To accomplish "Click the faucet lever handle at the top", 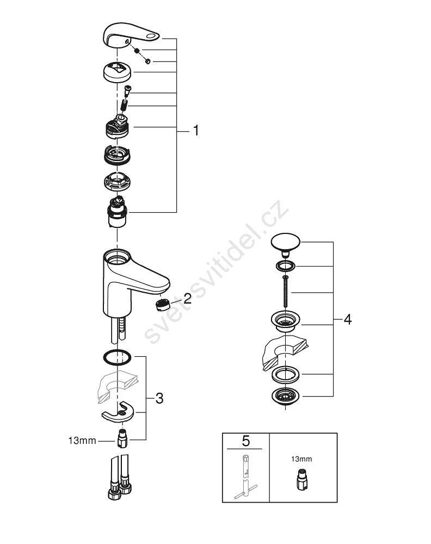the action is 131,35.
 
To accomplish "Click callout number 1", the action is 196,131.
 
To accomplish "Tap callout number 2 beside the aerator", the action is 187,298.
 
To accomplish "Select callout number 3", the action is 159,398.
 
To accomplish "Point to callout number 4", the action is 348,319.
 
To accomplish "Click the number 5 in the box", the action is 245,441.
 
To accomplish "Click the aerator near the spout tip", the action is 162,305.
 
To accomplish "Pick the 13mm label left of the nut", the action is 82,441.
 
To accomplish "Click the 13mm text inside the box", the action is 301,459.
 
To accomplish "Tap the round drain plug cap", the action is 285,242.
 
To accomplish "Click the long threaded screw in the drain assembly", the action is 285,292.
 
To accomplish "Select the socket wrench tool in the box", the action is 245,476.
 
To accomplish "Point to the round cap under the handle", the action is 118,72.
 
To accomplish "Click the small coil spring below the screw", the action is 124,104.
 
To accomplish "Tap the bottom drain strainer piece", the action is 285,396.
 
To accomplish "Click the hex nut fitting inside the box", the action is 301,479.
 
